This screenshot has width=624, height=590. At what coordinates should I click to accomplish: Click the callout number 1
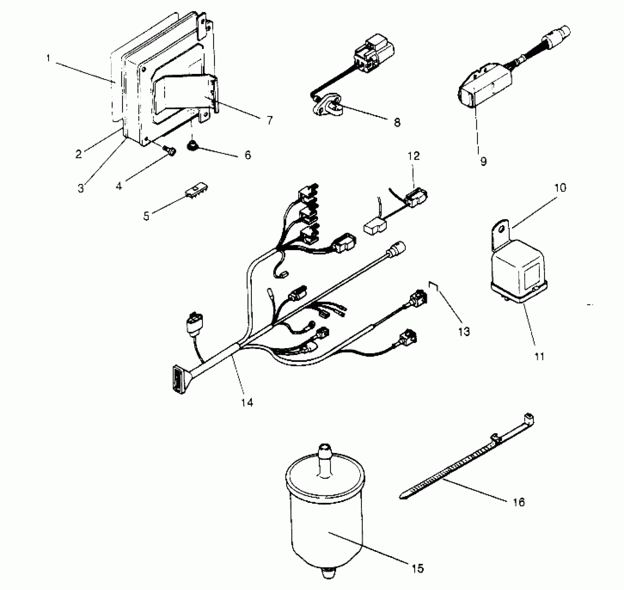(48, 58)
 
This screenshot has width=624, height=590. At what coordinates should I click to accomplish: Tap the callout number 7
(269, 120)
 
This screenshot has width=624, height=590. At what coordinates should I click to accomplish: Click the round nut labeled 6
(191, 146)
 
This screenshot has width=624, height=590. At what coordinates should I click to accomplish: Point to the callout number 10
(560, 188)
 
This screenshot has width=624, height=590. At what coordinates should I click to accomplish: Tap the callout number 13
(464, 331)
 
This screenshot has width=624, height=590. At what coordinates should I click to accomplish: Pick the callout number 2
(79, 154)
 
